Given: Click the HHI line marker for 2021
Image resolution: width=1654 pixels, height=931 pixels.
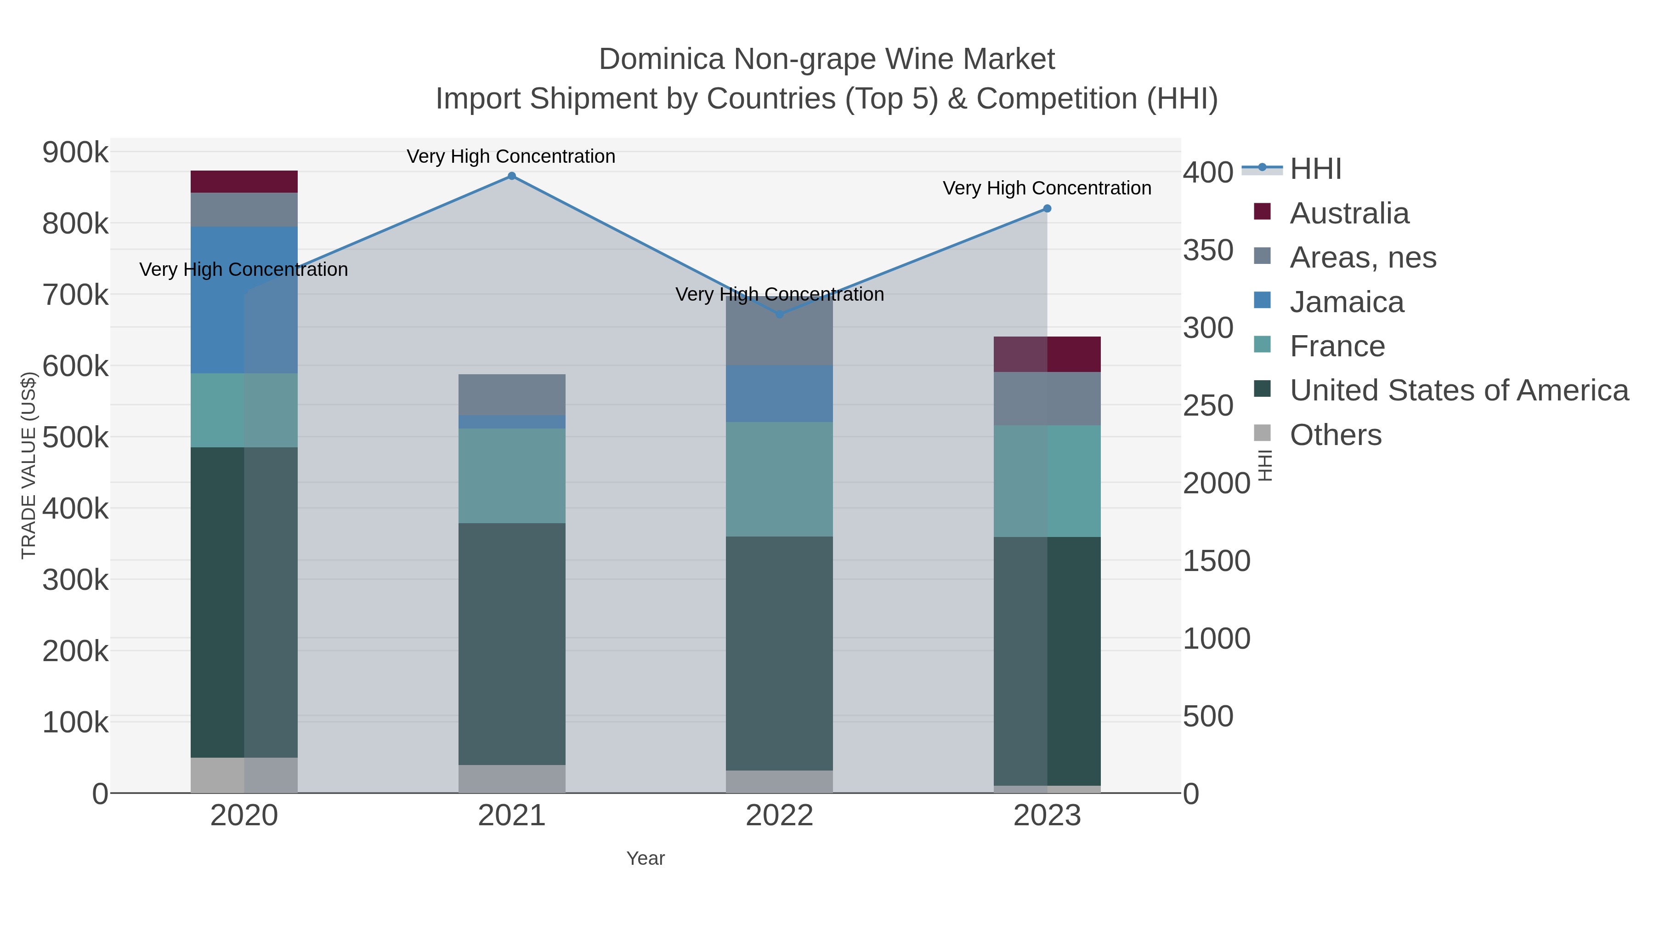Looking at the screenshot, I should (x=512, y=176).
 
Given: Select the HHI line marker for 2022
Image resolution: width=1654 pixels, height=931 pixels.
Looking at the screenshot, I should (x=780, y=314).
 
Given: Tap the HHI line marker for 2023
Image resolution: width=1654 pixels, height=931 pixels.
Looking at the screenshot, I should (x=1047, y=209).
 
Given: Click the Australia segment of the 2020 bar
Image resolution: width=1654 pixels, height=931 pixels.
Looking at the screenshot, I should (x=244, y=182).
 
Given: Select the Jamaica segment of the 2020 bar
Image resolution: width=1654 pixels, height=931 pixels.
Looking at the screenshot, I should (x=244, y=300).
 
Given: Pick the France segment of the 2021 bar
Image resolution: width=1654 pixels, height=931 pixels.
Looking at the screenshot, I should (x=512, y=475).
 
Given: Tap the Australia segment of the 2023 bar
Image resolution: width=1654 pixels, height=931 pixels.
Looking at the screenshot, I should (x=1047, y=354).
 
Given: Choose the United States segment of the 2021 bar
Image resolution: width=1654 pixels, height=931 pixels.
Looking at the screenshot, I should (x=512, y=644).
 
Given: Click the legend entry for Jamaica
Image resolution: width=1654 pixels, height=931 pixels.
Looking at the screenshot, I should (x=1347, y=302).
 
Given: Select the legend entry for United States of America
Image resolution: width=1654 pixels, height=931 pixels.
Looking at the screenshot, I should (x=1458, y=390).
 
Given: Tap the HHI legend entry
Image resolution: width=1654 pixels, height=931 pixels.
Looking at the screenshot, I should (x=1315, y=169).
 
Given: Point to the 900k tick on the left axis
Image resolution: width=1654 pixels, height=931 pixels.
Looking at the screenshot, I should (x=76, y=153).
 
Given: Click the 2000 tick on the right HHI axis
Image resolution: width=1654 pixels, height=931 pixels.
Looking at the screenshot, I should (x=1217, y=483).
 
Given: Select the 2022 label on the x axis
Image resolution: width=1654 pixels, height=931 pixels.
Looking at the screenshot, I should (x=780, y=816).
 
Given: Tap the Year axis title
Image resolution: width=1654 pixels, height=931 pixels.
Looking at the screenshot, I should (x=646, y=858).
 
